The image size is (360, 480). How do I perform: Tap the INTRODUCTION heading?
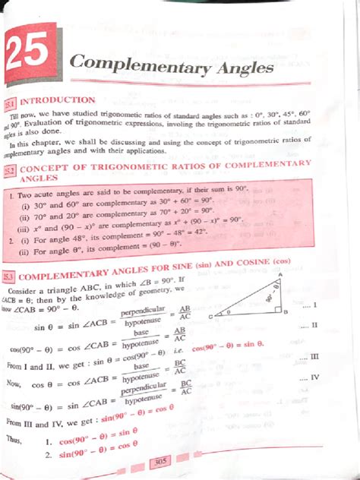(62, 100)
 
